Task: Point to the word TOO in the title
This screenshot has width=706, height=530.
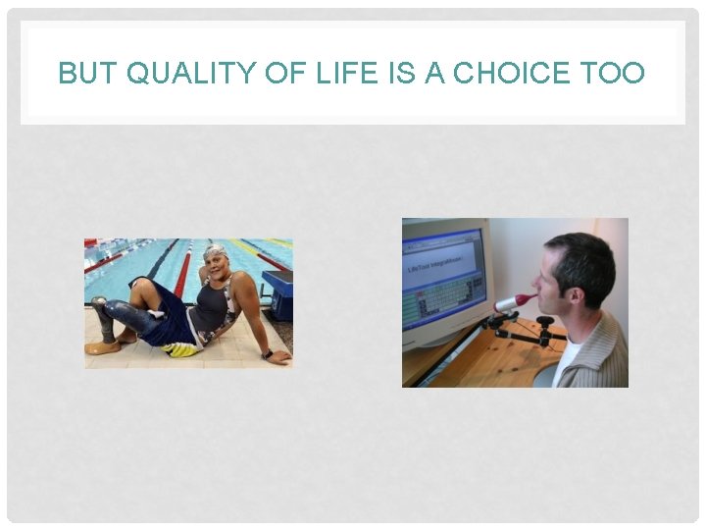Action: coord(611,74)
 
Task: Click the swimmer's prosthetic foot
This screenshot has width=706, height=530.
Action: coord(101,345)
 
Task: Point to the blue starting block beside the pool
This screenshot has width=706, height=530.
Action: coord(278,291)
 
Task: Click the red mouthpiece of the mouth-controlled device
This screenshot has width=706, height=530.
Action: coord(528,298)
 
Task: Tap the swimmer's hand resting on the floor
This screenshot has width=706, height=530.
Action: coord(279,358)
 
